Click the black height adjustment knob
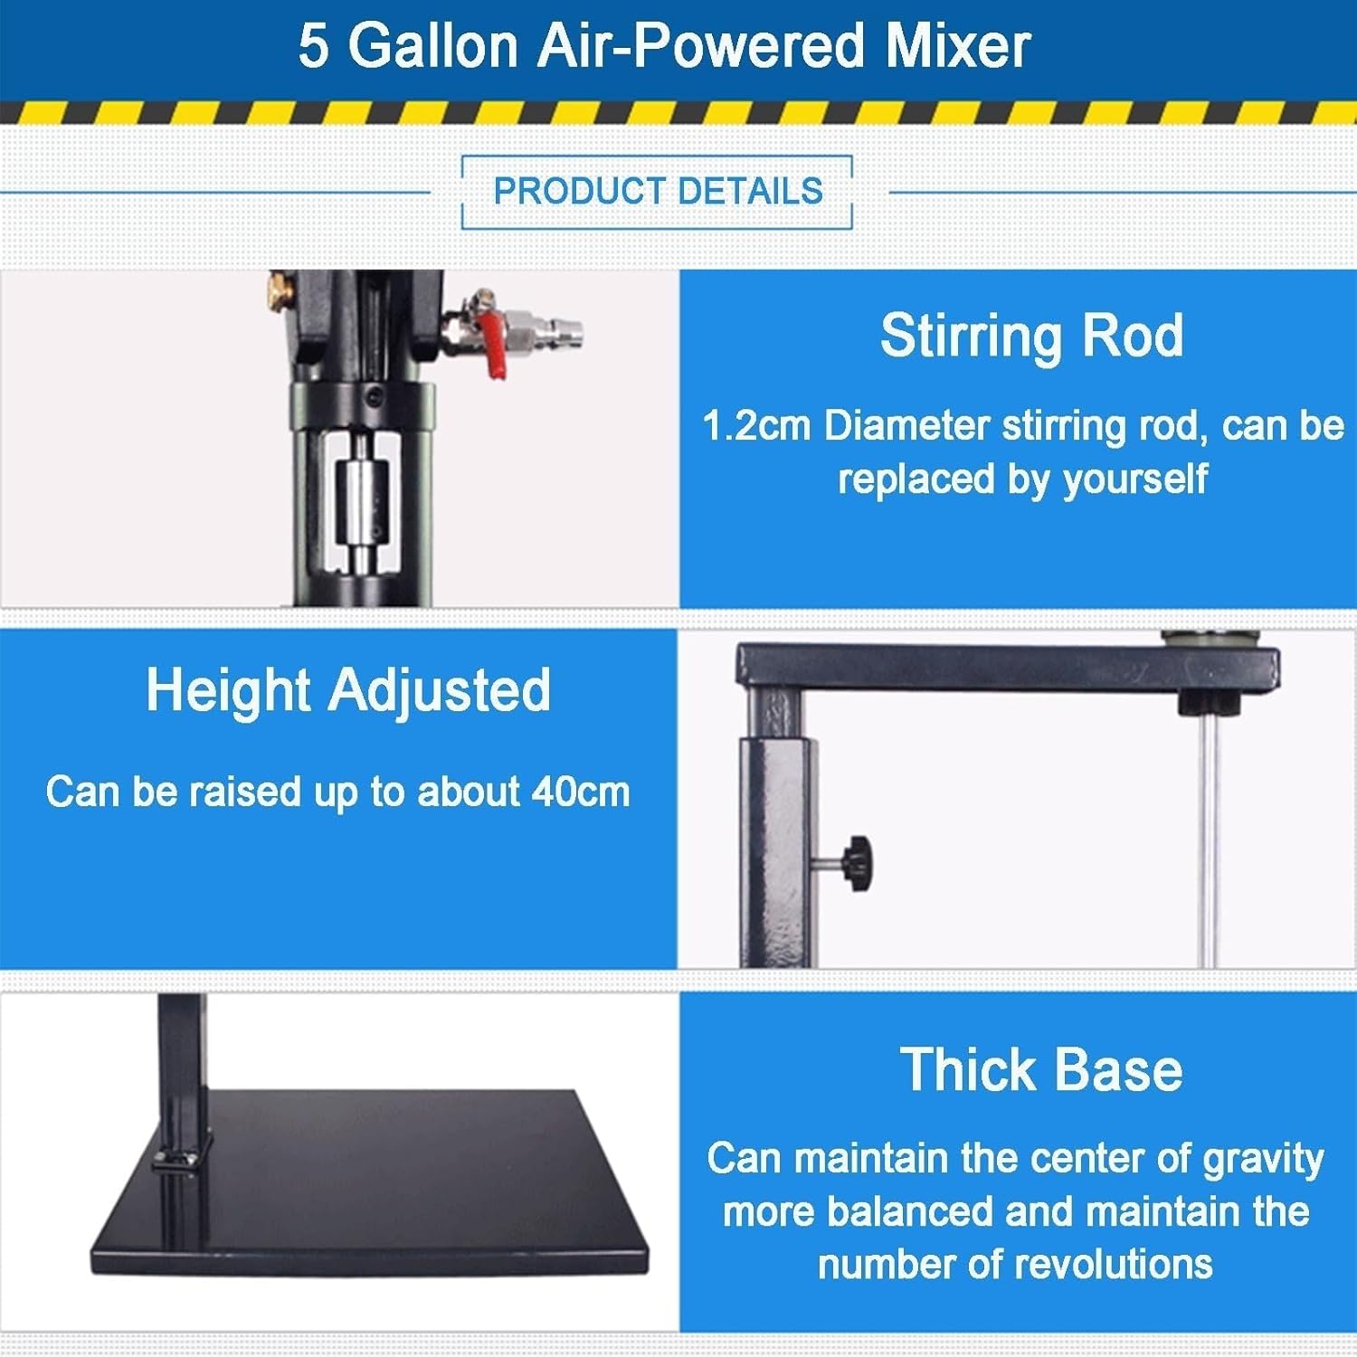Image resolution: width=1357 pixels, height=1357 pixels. pyautogui.click(x=857, y=864)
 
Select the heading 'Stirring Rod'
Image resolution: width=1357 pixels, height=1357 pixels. pyautogui.click(x=1031, y=337)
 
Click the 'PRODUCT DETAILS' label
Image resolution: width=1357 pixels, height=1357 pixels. pyautogui.click(x=658, y=192)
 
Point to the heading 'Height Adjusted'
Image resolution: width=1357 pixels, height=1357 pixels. pyautogui.click(x=348, y=691)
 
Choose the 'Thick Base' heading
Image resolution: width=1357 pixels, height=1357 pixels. pyautogui.click(x=1040, y=1070)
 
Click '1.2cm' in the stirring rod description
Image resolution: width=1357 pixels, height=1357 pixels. pyautogui.click(x=756, y=426)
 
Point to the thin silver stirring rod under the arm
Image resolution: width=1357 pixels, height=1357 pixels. pyautogui.click(x=1209, y=832)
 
